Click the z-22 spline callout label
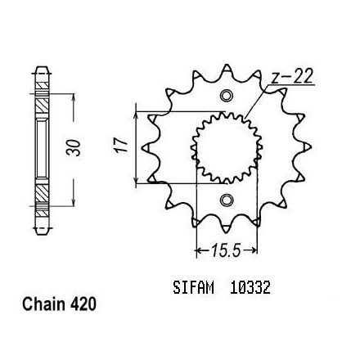(x=292, y=77)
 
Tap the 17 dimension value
(x=120, y=146)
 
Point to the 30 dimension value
(x=74, y=148)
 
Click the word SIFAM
(x=193, y=287)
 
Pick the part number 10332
(x=250, y=287)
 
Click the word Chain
(x=44, y=304)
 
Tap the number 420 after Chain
(x=83, y=304)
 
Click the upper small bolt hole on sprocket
(x=227, y=96)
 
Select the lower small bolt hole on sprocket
(x=227, y=200)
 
